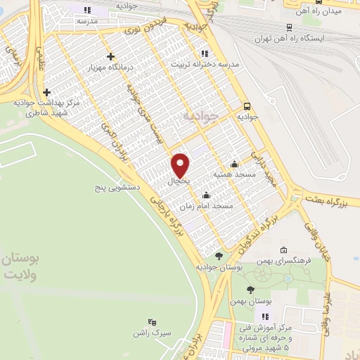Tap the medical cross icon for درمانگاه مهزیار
point(110,57)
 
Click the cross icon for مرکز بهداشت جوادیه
point(46,92)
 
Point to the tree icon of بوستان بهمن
point(251,290)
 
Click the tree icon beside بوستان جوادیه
point(219,257)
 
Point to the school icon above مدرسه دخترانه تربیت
point(204,53)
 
